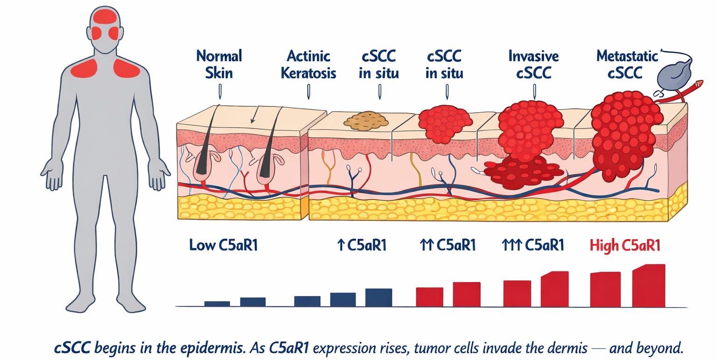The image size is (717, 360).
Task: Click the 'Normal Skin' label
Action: tap(219, 64)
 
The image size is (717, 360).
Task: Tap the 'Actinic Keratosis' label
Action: tap(309, 64)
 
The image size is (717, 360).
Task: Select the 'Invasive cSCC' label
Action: tap(534, 64)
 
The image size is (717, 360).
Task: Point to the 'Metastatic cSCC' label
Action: tap(627, 64)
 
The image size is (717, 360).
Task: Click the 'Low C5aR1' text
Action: tap(224, 245)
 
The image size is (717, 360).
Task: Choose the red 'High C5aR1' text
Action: tap(625, 246)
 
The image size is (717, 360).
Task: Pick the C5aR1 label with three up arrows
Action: tap(533, 245)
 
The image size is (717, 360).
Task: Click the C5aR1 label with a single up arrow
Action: tap(362, 245)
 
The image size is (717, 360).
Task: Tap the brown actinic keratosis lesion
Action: tap(366, 121)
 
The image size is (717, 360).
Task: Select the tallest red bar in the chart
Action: tap(649, 285)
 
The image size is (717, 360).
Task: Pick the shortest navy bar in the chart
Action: tap(217, 304)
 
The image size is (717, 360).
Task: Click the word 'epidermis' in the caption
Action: tap(211, 348)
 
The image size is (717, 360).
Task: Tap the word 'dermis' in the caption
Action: tap(567, 348)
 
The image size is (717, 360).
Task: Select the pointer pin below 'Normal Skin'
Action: tap(220, 92)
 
